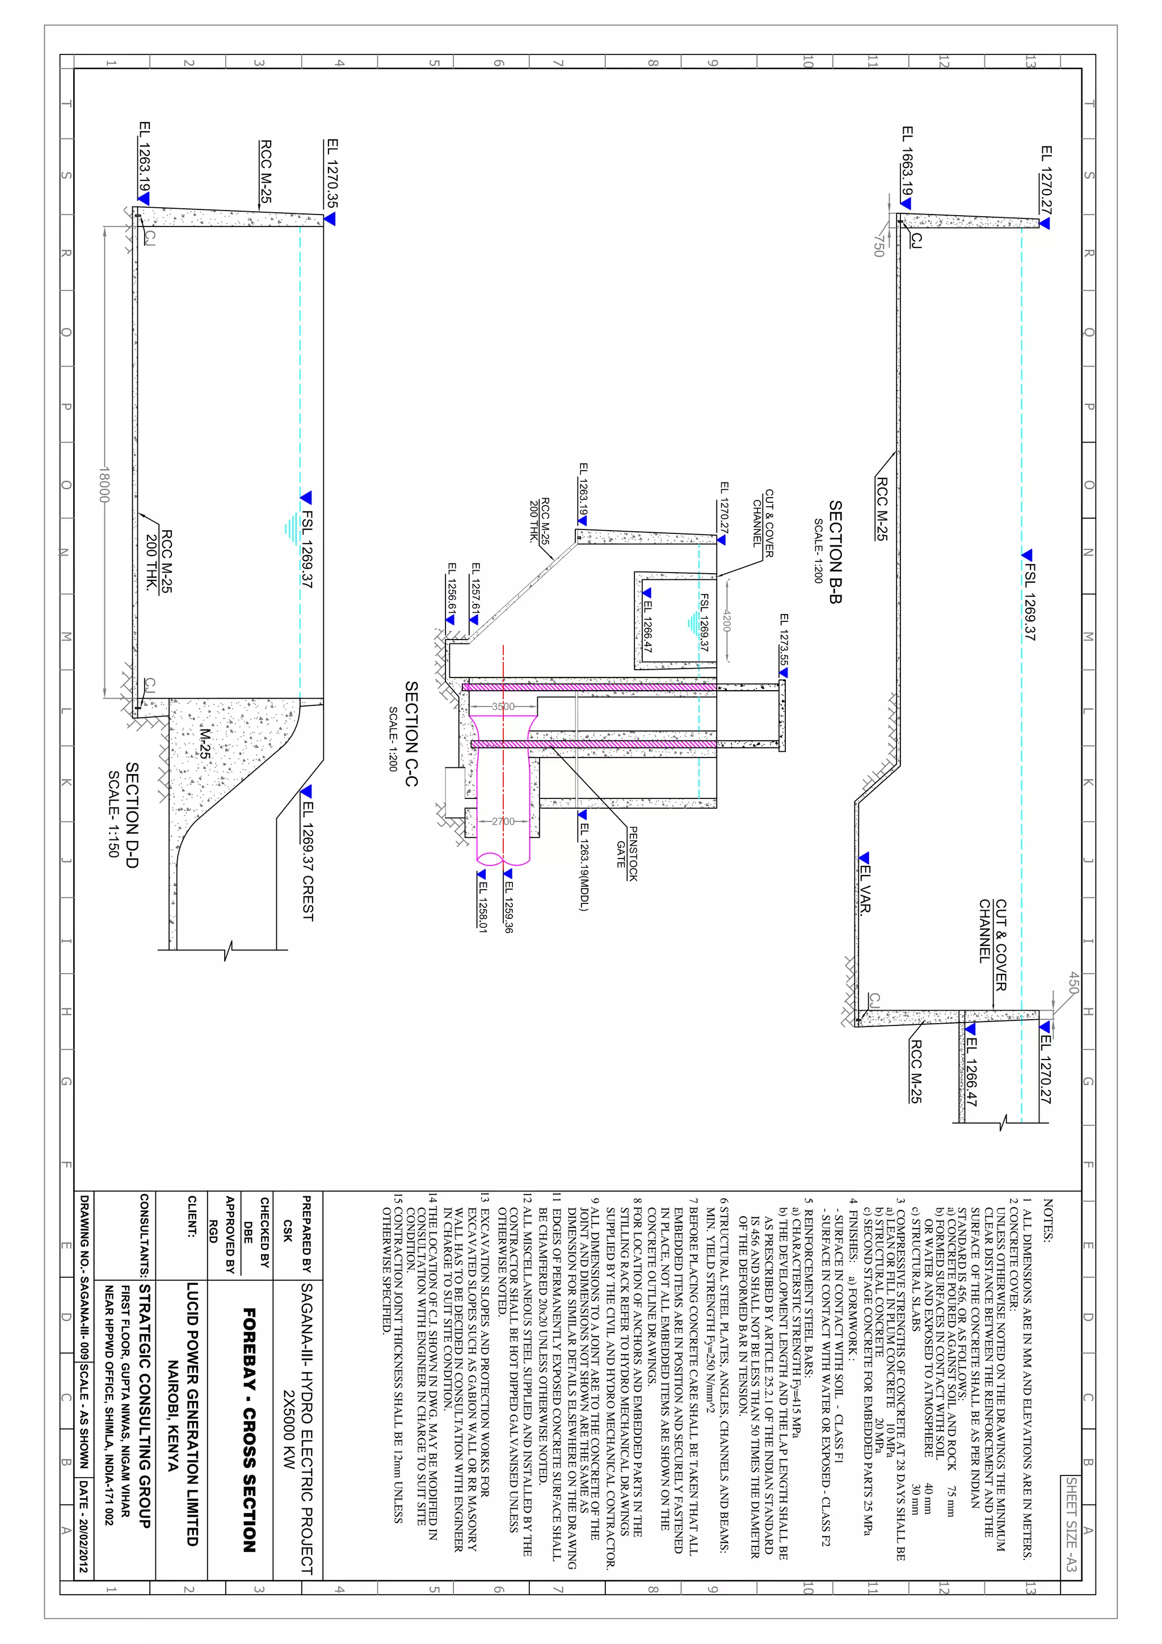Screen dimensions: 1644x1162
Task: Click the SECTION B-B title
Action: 835,552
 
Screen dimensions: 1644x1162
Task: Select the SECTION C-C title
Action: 411,733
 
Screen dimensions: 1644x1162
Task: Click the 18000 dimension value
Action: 104,485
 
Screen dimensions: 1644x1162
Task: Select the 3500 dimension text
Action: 503,707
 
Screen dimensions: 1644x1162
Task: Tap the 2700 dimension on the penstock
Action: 503,821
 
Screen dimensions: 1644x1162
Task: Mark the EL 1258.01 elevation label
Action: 482,906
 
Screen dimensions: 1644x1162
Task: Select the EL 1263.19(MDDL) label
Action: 583,867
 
